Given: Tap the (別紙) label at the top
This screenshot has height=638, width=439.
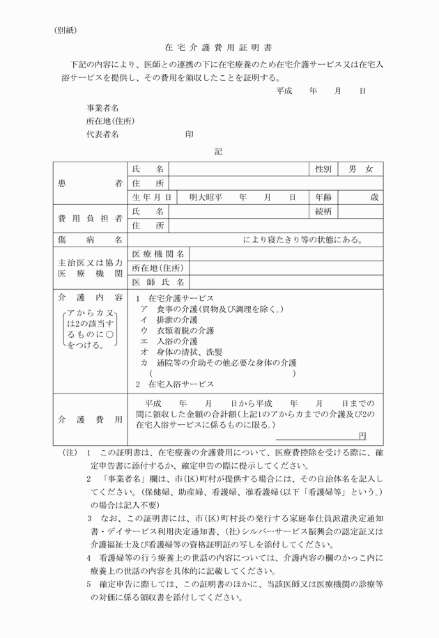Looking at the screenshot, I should click(x=68, y=30).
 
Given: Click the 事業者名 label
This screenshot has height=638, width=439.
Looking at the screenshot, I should click(x=102, y=108).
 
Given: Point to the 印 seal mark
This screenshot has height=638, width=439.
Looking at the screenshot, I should click(x=190, y=134).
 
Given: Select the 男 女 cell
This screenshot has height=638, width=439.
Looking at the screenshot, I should click(x=361, y=169).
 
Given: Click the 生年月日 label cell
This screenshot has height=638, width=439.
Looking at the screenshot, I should click(x=151, y=197).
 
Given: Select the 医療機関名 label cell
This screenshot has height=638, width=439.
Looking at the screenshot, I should click(x=158, y=254).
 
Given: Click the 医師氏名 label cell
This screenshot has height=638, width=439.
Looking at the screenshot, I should click(x=158, y=282).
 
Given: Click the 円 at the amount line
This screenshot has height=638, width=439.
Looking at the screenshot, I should click(x=362, y=435).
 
